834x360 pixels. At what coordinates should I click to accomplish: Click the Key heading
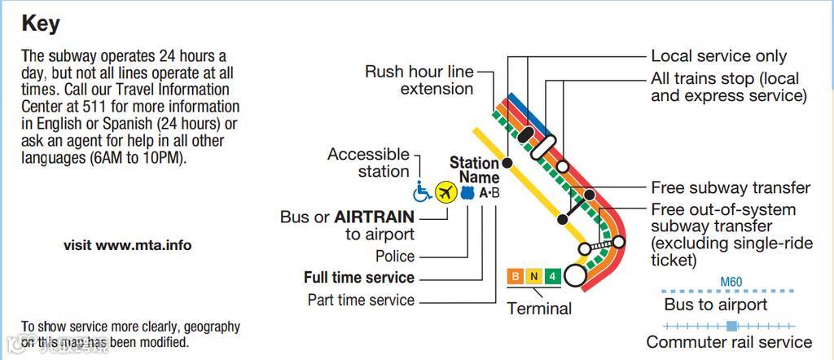click(x=41, y=24)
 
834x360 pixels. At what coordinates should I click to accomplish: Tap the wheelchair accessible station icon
click(x=423, y=192)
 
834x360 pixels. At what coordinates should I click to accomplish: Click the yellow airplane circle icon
click(x=445, y=192)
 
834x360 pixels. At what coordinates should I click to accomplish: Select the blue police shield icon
click(x=467, y=193)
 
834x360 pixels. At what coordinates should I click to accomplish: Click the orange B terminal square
click(x=515, y=276)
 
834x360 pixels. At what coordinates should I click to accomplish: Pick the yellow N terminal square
click(x=533, y=276)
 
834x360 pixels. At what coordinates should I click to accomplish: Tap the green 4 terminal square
click(x=552, y=276)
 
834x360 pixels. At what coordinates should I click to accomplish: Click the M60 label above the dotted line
click(x=731, y=283)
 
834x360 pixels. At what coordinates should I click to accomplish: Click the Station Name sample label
click(x=475, y=170)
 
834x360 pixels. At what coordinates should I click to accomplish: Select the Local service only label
click(x=718, y=56)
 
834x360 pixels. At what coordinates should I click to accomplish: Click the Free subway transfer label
click(x=731, y=188)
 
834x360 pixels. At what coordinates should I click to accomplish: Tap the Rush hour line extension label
click(x=419, y=80)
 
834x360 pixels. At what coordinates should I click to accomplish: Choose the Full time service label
click(x=359, y=278)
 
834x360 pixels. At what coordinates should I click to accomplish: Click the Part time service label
click(x=361, y=300)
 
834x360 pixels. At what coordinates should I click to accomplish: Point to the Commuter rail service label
click(x=729, y=342)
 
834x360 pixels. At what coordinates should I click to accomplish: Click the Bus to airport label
click(x=716, y=305)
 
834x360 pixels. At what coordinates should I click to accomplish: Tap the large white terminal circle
click(x=576, y=275)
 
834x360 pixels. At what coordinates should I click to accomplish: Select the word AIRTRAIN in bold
click(x=375, y=217)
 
